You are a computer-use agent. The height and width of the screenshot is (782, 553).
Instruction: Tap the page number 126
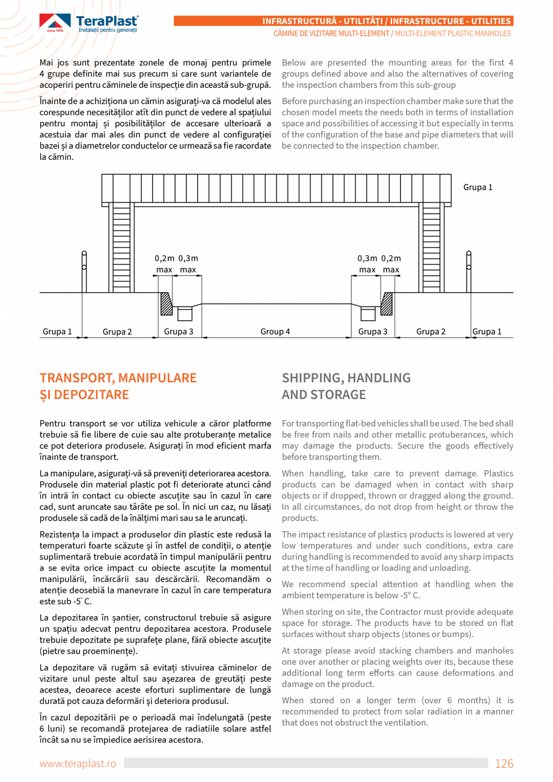pyautogui.click(x=504, y=763)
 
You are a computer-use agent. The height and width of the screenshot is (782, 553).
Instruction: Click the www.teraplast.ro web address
pyautogui.click(x=78, y=763)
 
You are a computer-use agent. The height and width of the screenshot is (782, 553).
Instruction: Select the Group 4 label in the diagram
pyautogui.click(x=275, y=332)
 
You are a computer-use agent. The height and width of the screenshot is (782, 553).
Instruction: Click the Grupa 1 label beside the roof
pyautogui.click(x=478, y=188)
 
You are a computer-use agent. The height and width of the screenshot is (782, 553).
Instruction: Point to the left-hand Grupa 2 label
pyautogui.click(x=117, y=332)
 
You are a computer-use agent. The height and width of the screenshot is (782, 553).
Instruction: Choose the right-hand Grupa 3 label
pyautogui.click(x=373, y=332)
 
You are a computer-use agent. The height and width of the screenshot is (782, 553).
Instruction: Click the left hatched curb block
pyautogui.click(x=166, y=304)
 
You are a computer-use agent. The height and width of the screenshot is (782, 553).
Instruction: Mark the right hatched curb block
pyautogui.click(x=386, y=304)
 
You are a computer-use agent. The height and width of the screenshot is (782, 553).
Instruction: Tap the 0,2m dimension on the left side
pyautogui.click(x=164, y=258)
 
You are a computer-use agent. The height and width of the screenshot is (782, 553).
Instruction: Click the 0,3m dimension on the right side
pyautogui.click(x=367, y=258)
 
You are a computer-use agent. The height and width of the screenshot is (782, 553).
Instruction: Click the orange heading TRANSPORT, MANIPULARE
pyautogui.click(x=118, y=378)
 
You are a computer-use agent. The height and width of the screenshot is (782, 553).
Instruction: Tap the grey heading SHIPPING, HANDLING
pyautogui.click(x=346, y=378)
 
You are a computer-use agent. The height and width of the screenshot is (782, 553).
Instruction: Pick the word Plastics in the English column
pyautogui.click(x=498, y=474)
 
